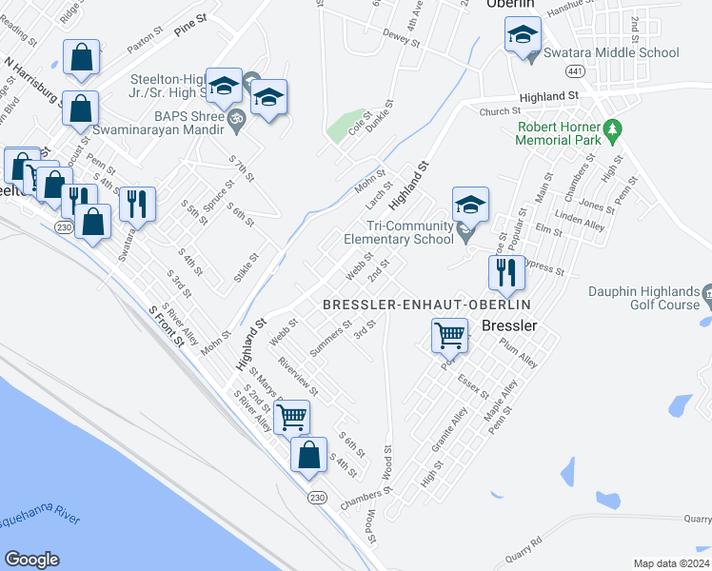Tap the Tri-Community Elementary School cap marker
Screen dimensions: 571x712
pyautogui.click(x=470, y=206)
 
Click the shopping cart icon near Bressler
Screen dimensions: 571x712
pyautogui.click(x=449, y=336)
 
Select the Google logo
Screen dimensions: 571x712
pyautogui.click(x=31, y=559)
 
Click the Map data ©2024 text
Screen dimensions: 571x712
pyautogui.click(x=671, y=563)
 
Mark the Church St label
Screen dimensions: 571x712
pyautogui.click(x=495, y=111)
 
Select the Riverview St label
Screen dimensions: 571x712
pyautogui.click(x=298, y=378)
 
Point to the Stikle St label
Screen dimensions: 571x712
pyautogui.click(x=251, y=266)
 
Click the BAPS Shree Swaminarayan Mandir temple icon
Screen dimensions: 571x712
pyautogui.click(x=236, y=121)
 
